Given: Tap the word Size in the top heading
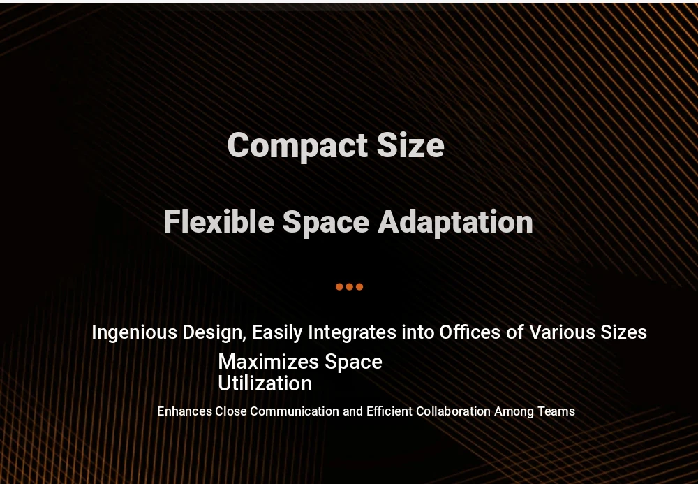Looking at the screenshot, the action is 410,145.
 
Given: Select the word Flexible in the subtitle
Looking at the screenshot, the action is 218,221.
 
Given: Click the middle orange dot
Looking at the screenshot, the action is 350,287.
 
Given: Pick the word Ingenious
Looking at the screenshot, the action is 135,332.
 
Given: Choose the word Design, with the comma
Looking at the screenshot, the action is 214,332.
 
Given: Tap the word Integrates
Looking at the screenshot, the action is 352,332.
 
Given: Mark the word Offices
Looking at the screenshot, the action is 470,332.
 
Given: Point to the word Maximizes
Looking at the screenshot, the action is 269,362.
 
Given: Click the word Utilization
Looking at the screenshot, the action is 265,383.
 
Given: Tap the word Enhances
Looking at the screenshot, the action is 185,411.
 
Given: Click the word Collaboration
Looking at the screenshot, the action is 453,411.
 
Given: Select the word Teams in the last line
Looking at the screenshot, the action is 556,411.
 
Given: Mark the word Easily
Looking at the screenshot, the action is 277,333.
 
